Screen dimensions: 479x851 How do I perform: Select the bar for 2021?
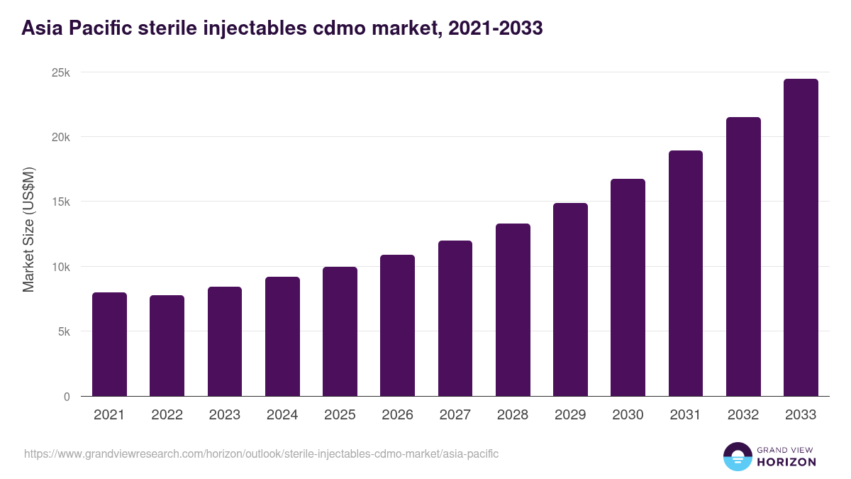(109, 344)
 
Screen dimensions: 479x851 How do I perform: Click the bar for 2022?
(167, 346)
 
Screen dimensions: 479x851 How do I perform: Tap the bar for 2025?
(340, 331)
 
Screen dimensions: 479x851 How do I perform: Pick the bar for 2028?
(513, 310)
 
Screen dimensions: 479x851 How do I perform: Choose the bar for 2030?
(628, 287)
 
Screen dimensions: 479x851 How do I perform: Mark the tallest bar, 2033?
(801, 238)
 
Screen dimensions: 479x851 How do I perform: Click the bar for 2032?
(743, 257)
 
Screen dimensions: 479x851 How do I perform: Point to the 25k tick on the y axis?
(61, 72)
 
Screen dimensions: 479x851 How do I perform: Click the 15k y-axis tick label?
(61, 202)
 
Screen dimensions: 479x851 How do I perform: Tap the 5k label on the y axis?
(64, 332)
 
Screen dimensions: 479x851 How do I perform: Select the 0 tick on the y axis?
(67, 397)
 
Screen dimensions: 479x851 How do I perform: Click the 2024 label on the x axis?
(282, 415)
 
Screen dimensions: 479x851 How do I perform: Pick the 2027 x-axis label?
(455, 415)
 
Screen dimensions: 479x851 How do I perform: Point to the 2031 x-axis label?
(686, 415)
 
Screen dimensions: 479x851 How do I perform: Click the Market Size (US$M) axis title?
(28, 229)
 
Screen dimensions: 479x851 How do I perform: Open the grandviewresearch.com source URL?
(262, 453)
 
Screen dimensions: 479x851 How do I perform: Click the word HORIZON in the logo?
(786, 462)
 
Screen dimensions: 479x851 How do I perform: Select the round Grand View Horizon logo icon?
(737, 456)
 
